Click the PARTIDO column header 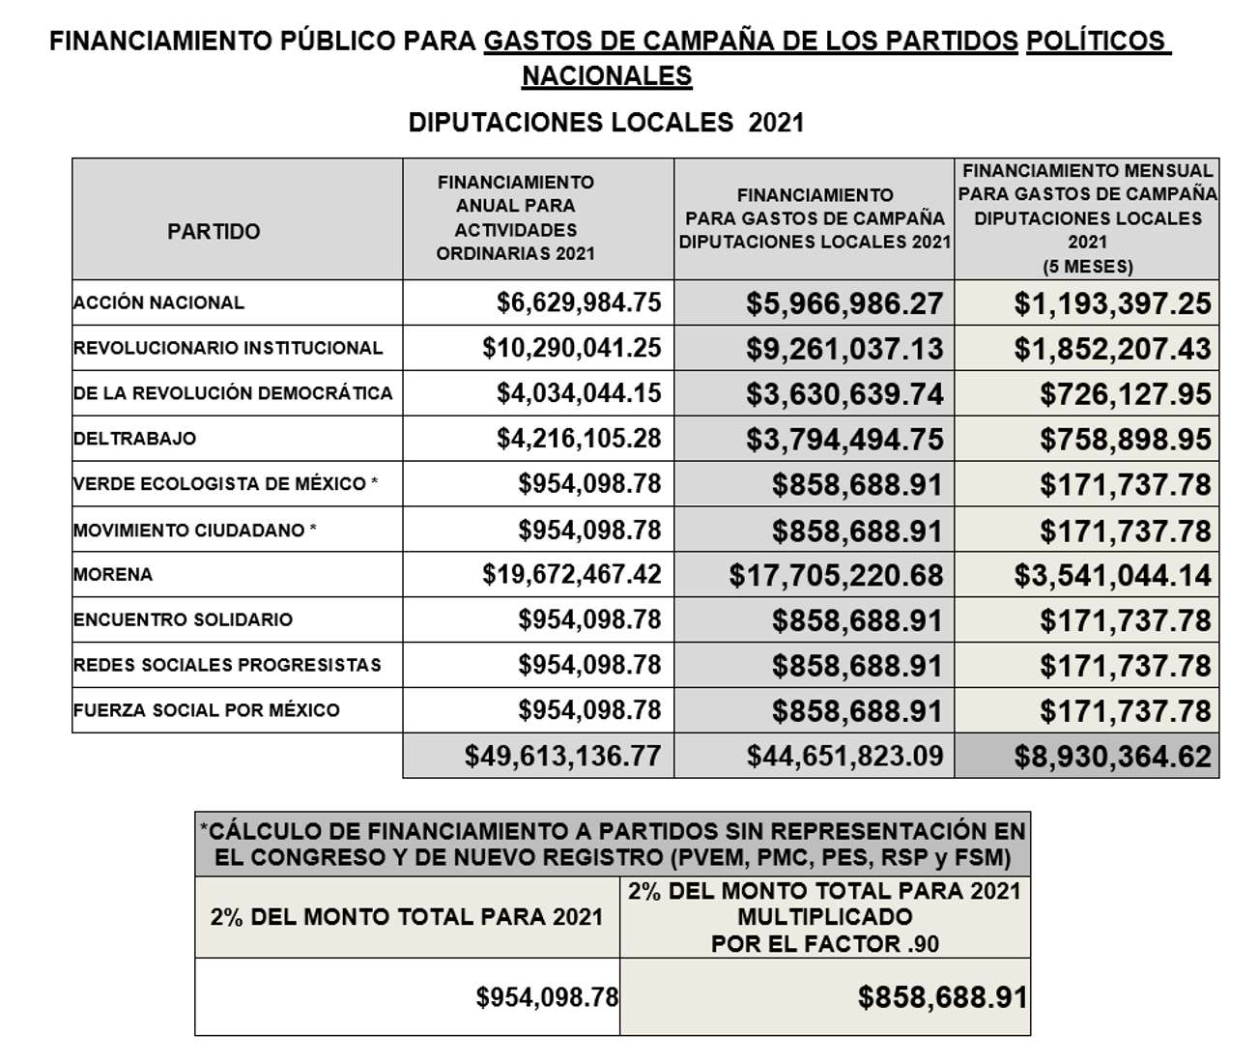click(x=214, y=232)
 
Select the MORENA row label click(x=113, y=575)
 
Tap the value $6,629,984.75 click(x=579, y=302)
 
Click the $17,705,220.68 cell click(x=836, y=576)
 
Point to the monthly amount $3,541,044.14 click(x=1112, y=576)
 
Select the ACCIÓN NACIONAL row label click(x=159, y=302)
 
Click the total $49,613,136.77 click(x=562, y=756)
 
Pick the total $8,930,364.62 click(x=1112, y=757)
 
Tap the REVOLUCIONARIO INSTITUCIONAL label click(x=228, y=348)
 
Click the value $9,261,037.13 click(x=843, y=349)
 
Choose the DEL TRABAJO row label click(x=135, y=439)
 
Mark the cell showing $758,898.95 click(x=1126, y=440)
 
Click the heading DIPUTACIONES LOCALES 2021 click(x=606, y=124)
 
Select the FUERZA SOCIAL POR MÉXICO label click(x=207, y=710)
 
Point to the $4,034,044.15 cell click(x=579, y=393)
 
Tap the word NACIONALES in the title click(x=607, y=76)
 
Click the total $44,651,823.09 click(x=844, y=756)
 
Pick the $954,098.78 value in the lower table click(x=547, y=997)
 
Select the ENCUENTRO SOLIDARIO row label click(x=184, y=619)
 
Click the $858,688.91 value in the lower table click(x=942, y=997)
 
